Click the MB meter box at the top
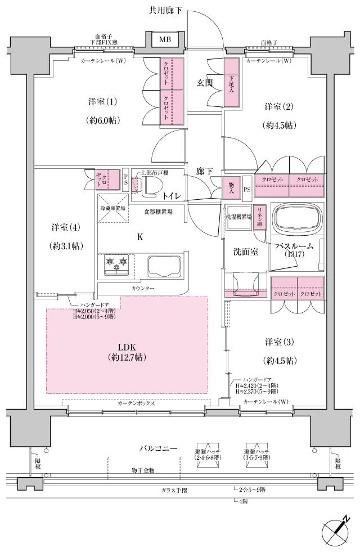point(165,39)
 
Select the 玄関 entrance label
point(204,83)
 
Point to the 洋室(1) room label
point(103,102)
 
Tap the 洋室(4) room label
point(66,228)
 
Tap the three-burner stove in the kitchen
point(116,263)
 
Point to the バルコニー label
point(159,448)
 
